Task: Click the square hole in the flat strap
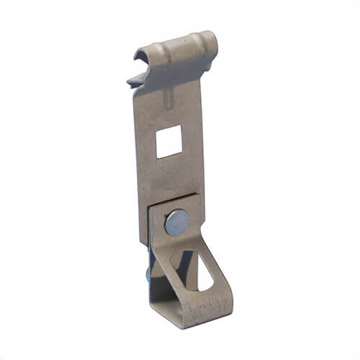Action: tap(169, 141)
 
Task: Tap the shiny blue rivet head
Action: tap(176, 222)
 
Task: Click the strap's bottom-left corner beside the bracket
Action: tap(141, 246)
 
